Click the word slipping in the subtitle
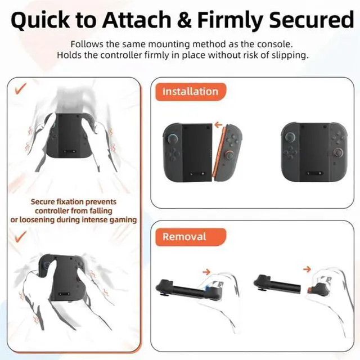288,55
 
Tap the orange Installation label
190,92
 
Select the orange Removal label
184,236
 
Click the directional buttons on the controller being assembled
172,152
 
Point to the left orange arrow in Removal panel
206,272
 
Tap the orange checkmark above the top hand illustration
21,88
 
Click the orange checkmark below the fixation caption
21,237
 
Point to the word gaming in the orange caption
123,219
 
